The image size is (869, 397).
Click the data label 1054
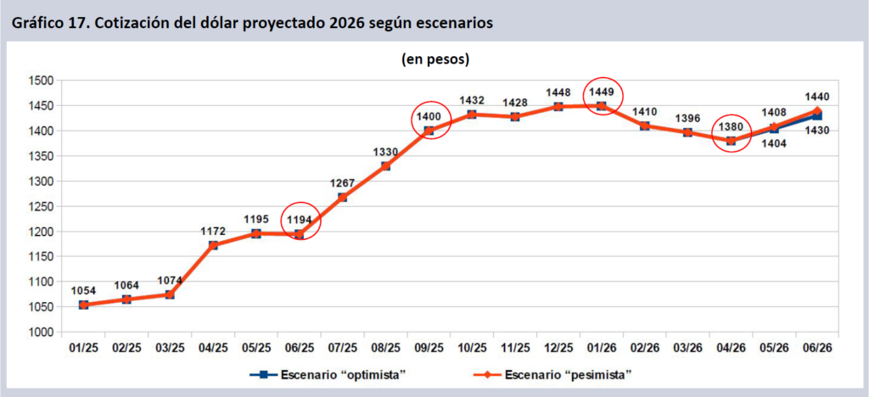coord(84,291)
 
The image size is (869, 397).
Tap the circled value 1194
coord(299,220)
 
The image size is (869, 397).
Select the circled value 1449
coord(601,92)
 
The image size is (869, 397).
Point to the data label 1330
coord(385,152)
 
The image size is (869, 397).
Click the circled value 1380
coord(731,126)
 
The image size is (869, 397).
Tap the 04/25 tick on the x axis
coord(213,349)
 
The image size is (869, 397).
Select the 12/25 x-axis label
coord(558,349)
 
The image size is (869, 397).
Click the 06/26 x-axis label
coord(816,349)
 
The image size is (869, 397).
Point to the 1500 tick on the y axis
coord(40,81)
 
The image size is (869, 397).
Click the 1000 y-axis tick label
coord(40,332)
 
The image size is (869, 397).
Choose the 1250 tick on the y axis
coord(40,206)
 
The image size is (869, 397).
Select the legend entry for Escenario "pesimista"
coord(566,374)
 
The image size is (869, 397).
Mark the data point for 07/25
coord(342,198)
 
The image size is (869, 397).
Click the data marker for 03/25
coord(170,294)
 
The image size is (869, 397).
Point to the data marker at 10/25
coord(472,115)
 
